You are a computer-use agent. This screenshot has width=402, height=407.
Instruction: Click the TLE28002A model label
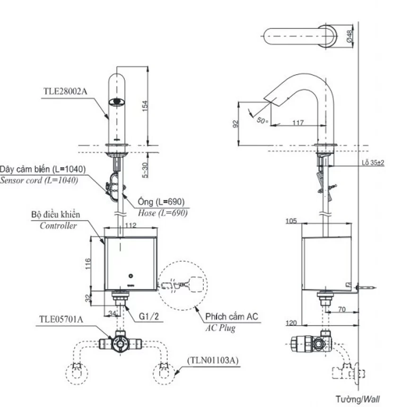(65, 91)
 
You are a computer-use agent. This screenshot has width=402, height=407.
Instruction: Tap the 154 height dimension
(145, 106)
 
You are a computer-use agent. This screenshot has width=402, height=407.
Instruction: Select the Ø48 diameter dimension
(350, 36)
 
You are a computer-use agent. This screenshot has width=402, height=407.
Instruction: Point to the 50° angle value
(262, 121)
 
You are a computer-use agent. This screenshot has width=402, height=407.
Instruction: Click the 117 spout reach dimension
(298, 122)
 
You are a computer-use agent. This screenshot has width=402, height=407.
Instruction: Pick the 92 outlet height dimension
(236, 124)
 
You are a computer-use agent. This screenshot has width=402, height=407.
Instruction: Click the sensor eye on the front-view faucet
(117, 102)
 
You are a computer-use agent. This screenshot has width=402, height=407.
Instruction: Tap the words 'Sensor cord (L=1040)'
(39, 180)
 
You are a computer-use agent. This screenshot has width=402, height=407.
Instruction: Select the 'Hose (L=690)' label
(163, 213)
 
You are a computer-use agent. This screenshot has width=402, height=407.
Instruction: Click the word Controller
(58, 225)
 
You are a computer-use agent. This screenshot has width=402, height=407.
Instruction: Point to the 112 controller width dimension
(131, 225)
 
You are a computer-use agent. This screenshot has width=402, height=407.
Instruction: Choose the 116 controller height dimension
(88, 263)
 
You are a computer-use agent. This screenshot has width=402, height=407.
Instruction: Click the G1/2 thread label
(149, 316)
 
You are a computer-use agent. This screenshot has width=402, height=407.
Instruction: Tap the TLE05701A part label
(61, 319)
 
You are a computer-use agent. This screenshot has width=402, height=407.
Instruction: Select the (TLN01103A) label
(213, 360)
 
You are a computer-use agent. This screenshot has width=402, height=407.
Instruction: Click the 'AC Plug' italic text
(220, 328)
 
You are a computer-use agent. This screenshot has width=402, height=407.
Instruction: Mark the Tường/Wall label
(358, 399)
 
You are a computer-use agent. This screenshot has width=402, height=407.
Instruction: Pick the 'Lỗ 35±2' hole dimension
(373, 163)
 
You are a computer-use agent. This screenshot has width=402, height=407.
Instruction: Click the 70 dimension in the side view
(342, 309)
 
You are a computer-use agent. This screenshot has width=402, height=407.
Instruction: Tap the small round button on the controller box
(131, 276)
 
